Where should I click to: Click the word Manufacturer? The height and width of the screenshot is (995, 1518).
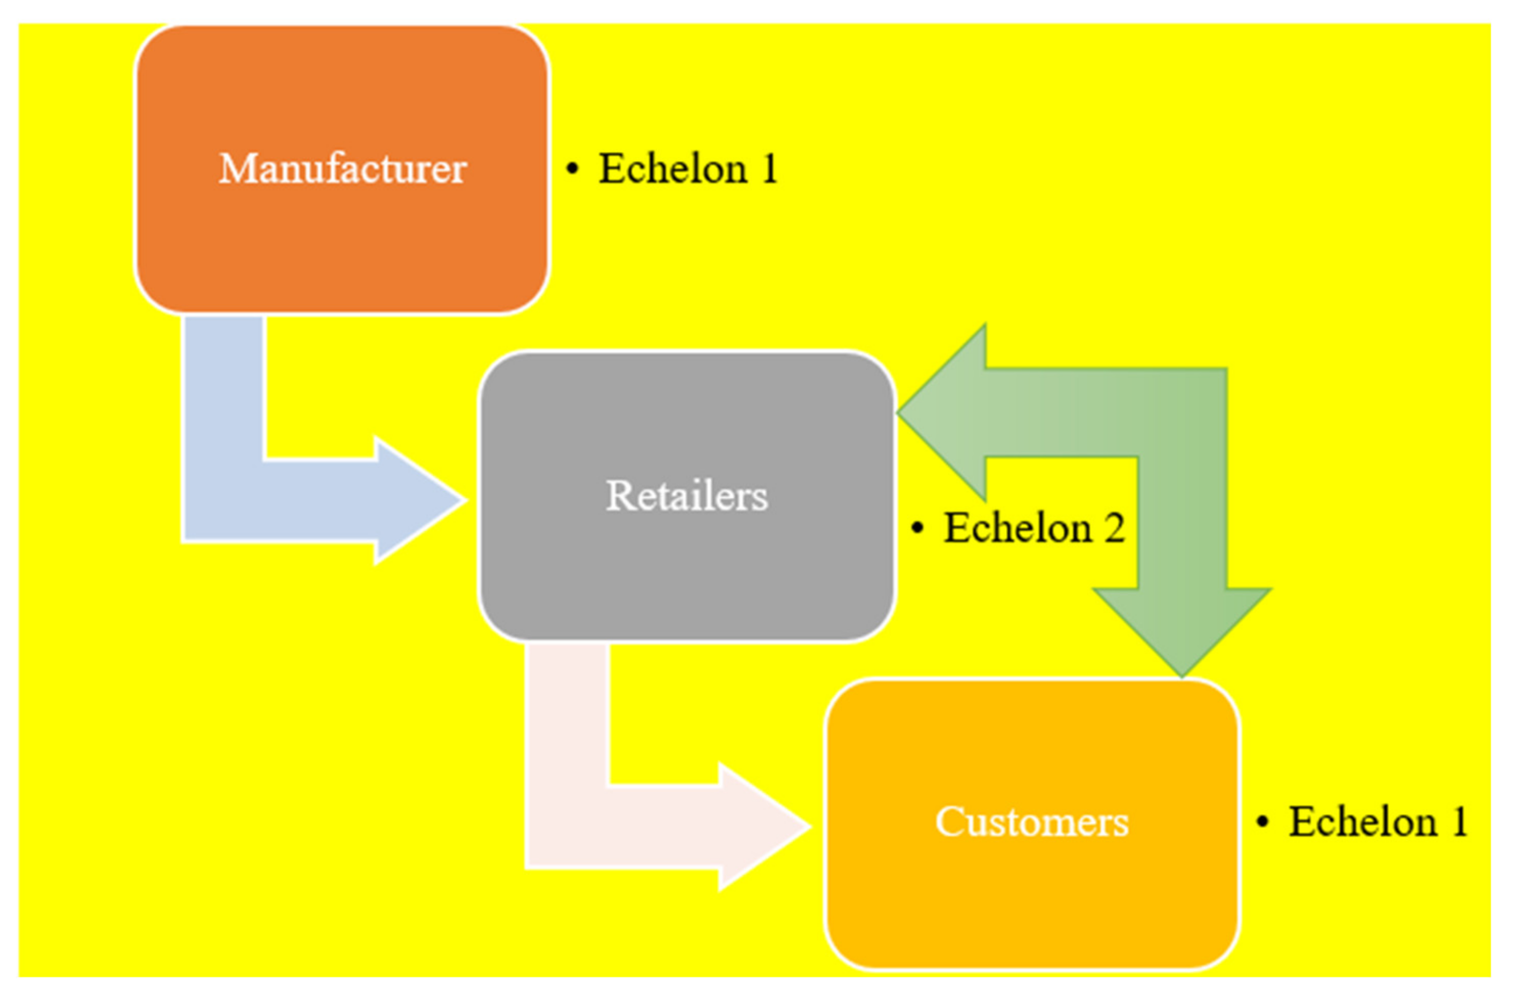click(x=342, y=169)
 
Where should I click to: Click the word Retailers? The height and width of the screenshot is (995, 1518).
click(x=687, y=496)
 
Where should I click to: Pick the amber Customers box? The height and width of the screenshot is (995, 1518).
click(x=1031, y=906)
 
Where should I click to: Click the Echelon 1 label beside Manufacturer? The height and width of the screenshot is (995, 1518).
click(x=687, y=169)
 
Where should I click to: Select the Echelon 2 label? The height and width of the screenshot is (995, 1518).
click(x=1033, y=528)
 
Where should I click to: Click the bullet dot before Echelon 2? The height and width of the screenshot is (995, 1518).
click(x=917, y=528)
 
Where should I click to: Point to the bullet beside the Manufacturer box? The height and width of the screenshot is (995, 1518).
click(x=572, y=169)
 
